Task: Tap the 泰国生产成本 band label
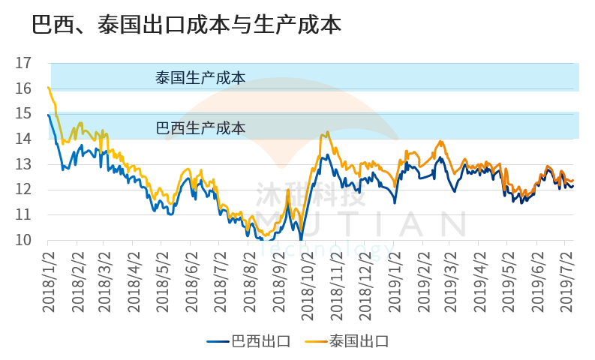200,77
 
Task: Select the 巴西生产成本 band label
200,127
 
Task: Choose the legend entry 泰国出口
348,341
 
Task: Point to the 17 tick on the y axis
23,63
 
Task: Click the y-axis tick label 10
23,240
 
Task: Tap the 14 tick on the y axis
23,139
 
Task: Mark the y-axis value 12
23,190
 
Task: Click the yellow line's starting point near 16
48,88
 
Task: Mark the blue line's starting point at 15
48,114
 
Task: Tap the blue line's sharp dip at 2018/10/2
301,239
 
